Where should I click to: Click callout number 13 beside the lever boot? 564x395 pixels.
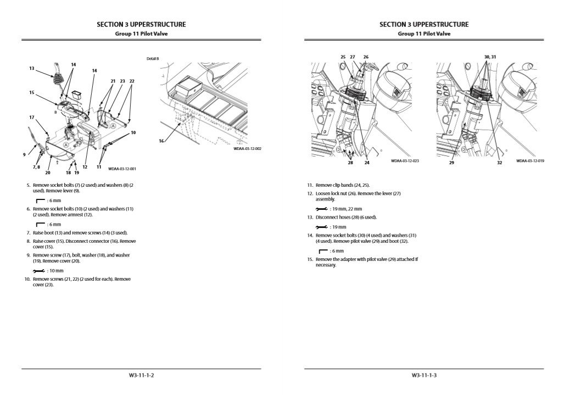coord(32,69)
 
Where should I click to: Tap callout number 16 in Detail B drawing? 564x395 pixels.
coord(161,141)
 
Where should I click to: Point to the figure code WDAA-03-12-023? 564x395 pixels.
coord(405,161)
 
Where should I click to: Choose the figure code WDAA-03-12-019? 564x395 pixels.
coord(530,161)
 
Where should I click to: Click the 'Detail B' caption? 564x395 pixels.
coord(153,58)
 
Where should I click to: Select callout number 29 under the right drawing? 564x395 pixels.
coord(451,163)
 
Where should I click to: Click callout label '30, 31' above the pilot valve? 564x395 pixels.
coord(490,57)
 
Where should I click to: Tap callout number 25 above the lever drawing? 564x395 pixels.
coord(343,57)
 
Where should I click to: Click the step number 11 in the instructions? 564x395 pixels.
coord(310,186)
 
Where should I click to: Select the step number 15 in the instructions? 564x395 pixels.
coord(310,259)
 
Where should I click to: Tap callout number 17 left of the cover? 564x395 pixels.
coord(32,118)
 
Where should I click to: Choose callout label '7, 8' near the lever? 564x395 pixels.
coord(36,166)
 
